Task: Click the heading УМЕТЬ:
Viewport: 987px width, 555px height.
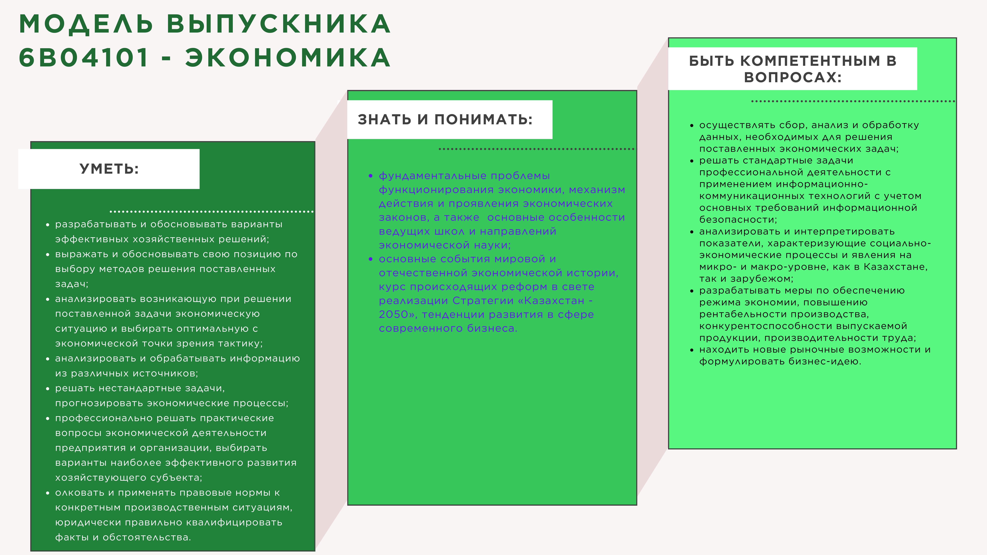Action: tap(109, 169)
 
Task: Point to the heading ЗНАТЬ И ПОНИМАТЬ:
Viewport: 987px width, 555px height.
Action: tap(445, 120)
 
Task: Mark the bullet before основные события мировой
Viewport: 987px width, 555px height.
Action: tap(370, 259)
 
